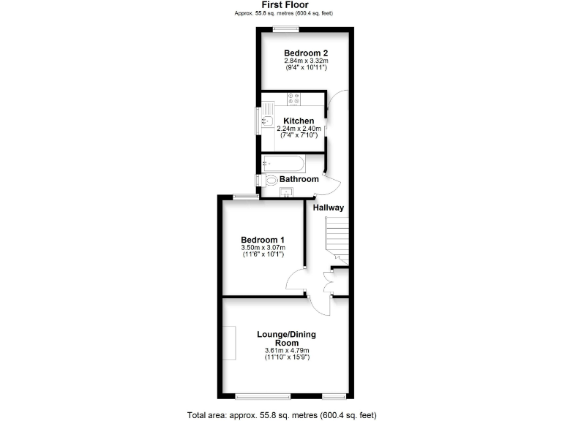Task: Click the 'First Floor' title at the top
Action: [x=280, y=5]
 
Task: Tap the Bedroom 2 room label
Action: [x=306, y=53]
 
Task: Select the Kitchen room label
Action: [x=299, y=121]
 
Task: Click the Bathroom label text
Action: [x=299, y=179]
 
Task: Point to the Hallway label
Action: [x=329, y=208]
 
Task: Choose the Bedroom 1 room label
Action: [x=263, y=240]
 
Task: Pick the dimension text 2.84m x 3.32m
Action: [x=306, y=62]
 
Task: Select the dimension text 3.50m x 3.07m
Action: [x=263, y=249]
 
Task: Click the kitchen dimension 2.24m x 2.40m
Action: [x=299, y=129]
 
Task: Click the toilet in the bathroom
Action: [x=270, y=180]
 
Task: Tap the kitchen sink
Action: [x=267, y=121]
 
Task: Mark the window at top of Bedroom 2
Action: [x=286, y=29]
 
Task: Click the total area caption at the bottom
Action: [x=282, y=414]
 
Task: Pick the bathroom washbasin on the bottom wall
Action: [x=287, y=192]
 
